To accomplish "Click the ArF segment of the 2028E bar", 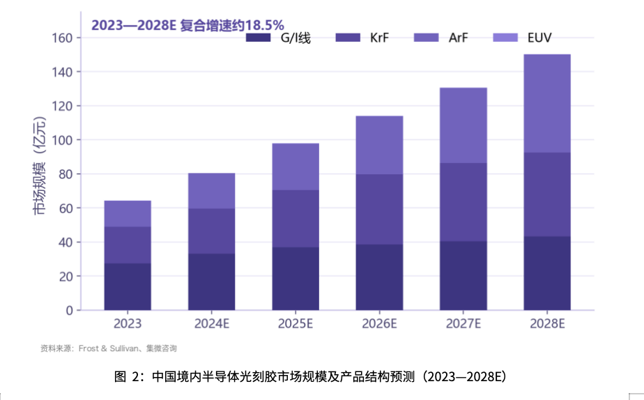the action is [547, 104].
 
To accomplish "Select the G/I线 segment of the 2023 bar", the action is [128, 286].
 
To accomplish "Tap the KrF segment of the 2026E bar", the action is [379, 210].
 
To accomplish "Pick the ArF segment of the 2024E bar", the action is [211, 191].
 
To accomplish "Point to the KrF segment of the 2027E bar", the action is [463, 202].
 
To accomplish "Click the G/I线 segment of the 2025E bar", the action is [296, 279].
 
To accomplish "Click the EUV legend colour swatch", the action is [505, 38].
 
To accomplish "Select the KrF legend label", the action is [379, 38].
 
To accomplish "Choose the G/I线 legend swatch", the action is [259, 38].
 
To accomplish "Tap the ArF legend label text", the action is [459, 38].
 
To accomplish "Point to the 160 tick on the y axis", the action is [62, 38].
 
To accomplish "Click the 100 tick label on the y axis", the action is [62, 140].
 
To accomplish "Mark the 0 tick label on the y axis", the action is [70, 311].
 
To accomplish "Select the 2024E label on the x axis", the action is [211, 323].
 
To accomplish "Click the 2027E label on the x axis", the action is [463, 323].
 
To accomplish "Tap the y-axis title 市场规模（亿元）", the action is [40, 165].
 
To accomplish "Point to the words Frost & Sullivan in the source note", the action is [109, 348].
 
